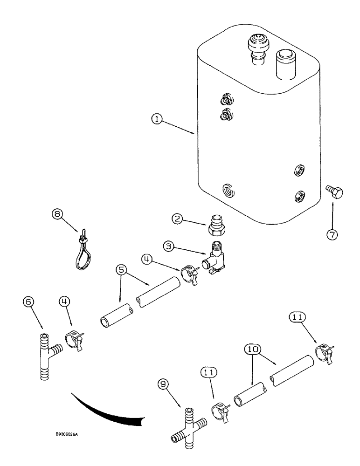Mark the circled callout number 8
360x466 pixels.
(x=57, y=215)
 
